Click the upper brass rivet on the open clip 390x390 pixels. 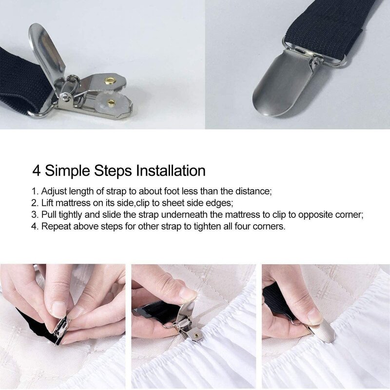(111, 80)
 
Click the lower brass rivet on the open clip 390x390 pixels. (111, 102)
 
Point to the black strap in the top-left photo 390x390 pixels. (22, 78)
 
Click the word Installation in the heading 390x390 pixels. (171, 171)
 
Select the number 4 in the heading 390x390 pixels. (37, 171)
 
